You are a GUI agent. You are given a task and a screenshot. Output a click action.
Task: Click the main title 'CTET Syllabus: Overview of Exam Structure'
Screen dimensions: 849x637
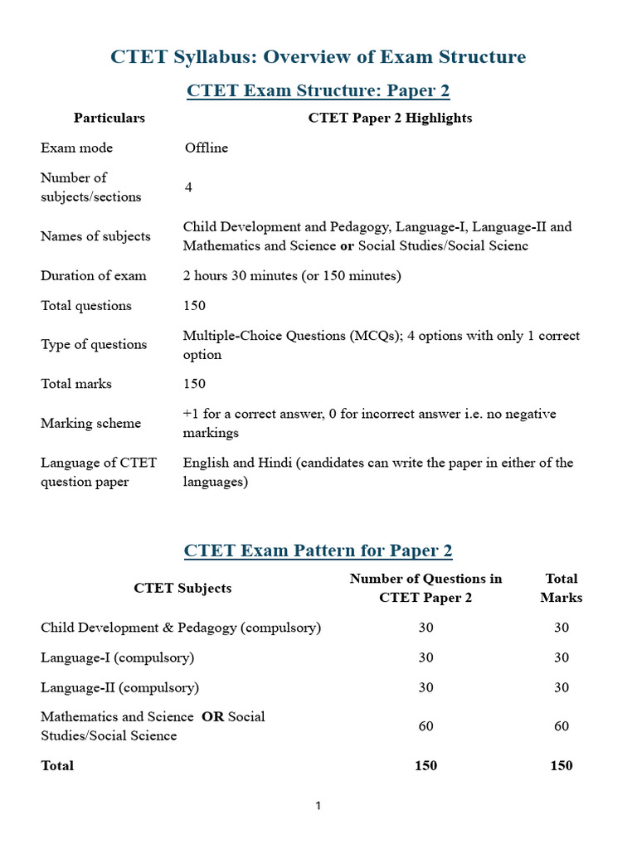(x=318, y=56)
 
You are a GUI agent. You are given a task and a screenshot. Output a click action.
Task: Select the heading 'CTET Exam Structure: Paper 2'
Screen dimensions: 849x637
(x=318, y=90)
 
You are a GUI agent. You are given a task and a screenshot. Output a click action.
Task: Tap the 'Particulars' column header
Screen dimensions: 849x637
(x=109, y=118)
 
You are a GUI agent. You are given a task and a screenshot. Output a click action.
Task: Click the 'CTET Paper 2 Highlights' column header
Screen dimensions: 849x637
(x=390, y=118)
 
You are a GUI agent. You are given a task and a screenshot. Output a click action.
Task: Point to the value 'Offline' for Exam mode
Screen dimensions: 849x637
(x=206, y=148)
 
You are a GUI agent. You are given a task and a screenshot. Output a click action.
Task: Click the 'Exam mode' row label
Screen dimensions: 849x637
(x=76, y=148)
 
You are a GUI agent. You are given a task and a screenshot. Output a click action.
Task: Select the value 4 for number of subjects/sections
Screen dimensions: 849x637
(x=189, y=187)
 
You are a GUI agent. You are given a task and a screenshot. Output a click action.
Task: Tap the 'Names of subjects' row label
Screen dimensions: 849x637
(x=95, y=236)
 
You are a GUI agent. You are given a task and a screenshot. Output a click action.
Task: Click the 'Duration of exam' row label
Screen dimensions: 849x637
(x=94, y=276)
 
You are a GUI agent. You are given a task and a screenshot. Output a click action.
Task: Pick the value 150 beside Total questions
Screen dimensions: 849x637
(x=194, y=306)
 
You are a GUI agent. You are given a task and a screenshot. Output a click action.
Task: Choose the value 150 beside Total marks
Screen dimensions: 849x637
(x=194, y=384)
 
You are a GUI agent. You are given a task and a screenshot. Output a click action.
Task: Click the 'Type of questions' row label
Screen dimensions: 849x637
(x=94, y=345)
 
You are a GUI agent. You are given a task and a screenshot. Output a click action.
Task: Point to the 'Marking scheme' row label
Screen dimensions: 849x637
(x=90, y=424)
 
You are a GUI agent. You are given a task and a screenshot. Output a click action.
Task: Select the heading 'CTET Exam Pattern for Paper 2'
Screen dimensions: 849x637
(x=318, y=551)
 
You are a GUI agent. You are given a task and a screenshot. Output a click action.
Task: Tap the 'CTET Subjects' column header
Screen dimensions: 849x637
(x=182, y=588)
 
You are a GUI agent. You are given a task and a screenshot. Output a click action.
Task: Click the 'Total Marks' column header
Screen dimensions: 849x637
(x=562, y=588)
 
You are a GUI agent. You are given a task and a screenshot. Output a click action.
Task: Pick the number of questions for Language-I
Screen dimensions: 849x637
(x=425, y=657)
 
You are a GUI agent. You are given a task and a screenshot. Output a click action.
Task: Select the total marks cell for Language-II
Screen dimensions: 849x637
(x=562, y=687)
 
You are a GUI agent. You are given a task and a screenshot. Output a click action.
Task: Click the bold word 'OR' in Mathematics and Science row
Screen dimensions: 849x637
(x=213, y=716)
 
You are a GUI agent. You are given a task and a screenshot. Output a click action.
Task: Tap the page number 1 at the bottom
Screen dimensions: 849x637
(x=318, y=806)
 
